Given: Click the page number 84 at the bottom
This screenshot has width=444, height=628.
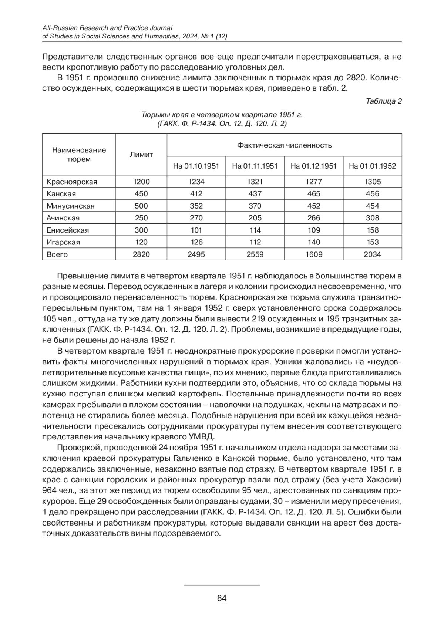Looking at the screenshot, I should coord(222,598).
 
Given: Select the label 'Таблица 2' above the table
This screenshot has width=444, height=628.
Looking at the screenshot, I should coord(384,101).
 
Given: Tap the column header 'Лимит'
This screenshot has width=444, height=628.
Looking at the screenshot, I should coord(141,155).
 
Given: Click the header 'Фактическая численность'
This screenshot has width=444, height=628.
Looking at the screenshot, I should coord(284,145).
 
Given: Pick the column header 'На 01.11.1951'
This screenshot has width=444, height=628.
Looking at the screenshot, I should coord(255,166).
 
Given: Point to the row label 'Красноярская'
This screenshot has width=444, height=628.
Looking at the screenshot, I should coord(72,182).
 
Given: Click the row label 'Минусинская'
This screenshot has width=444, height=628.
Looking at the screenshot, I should coord(70,206).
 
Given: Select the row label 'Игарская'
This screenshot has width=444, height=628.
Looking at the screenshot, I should coord(63,242).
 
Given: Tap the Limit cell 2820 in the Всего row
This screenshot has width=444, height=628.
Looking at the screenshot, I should coord(141,254).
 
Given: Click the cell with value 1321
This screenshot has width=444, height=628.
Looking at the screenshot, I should coord(255,182).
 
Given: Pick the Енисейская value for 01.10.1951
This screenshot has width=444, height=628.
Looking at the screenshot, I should coord(196,230).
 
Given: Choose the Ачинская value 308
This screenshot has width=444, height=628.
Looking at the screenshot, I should coord(372,218).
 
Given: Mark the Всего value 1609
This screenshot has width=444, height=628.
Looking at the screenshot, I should coord(314,254).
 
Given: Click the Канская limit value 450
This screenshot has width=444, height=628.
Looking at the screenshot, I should coord(141,194).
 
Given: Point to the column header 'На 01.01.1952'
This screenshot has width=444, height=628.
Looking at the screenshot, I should coord(372,166).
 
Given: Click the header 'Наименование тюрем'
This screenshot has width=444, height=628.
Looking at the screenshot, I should coord(79,155).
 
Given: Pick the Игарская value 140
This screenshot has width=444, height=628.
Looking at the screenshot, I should coord(314,242).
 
